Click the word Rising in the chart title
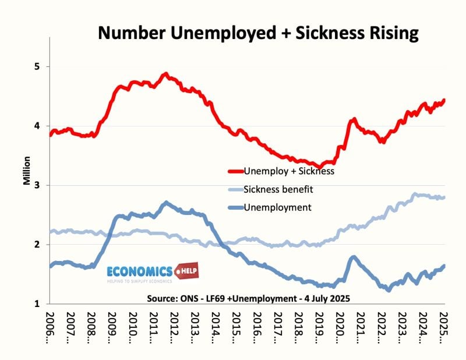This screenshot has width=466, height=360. tap(389, 33)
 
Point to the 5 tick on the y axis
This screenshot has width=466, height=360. tap(38, 66)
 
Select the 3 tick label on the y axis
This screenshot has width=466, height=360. tap(38, 185)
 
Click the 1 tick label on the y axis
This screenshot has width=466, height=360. tap(38, 303)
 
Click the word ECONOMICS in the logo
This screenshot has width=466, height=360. tap(139, 271)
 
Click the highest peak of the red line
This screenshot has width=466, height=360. tap(165, 75)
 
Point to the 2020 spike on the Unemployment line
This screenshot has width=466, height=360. tap(353, 257)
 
